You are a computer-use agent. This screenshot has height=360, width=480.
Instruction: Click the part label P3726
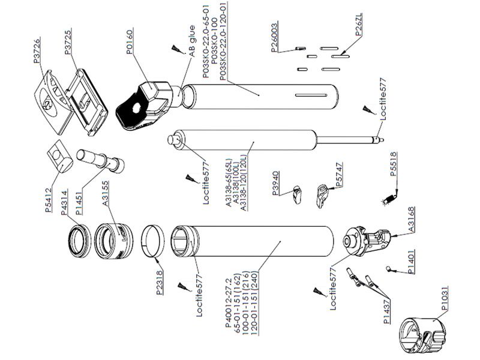click(37, 51)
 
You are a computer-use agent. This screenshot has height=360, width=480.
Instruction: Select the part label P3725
click(68, 42)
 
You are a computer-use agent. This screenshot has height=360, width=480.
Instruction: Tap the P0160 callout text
click(130, 41)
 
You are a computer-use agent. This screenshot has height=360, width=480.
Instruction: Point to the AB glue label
click(191, 41)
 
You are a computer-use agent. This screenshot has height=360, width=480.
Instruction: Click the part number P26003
click(275, 37)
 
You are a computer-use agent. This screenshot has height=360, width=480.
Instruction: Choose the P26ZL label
click(358, 25)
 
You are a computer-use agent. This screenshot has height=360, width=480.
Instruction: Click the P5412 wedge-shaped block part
click(59, 157)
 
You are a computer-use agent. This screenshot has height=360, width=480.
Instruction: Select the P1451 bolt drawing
click(100, 161)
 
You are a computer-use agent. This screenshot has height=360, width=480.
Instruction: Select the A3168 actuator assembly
click(367, 241)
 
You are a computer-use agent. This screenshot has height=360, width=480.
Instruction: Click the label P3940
click(275, 184)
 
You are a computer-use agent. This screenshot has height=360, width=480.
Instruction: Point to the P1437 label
click(387, 311)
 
